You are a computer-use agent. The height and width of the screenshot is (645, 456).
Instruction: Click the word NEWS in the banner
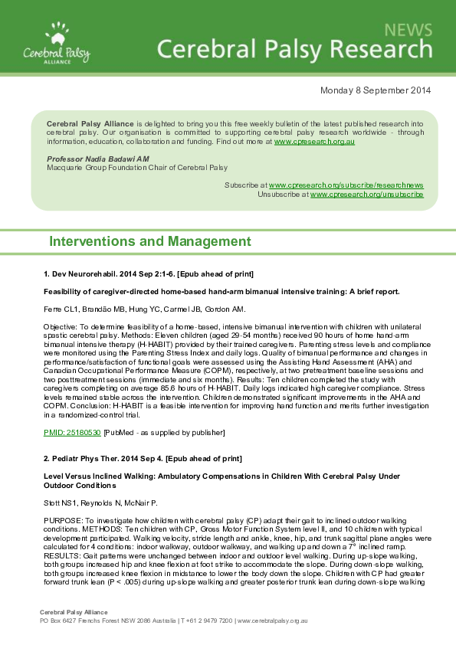(x=408, y=31)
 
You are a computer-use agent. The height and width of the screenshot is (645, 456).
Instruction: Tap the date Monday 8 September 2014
(x=375, y=90)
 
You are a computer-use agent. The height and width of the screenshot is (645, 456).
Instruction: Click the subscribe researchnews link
(x=346, y=185)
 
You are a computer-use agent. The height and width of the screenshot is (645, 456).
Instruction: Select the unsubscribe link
(x=367, y=195)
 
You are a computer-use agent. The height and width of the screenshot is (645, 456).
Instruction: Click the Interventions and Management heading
(x=149, y=242)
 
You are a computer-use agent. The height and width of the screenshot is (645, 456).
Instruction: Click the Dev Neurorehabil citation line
(x=149, y=273)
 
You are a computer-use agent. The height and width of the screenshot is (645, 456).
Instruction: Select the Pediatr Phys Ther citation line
(x=143, y=458)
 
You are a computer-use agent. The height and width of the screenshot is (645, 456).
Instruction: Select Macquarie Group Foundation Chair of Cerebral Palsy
(x=137, y=166)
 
